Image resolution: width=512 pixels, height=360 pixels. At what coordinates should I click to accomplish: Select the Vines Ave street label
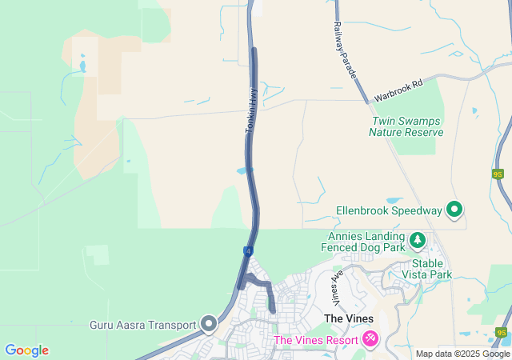tap(337, 286)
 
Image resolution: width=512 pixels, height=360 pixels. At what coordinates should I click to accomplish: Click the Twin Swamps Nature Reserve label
tap(406, 126)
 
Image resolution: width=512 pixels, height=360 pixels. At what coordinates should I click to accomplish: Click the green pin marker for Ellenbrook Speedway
tap(454, 210)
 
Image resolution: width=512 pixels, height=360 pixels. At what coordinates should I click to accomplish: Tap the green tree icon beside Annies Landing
tap(417, 240)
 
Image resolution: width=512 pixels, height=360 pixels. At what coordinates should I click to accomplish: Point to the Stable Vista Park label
tap(432, 269)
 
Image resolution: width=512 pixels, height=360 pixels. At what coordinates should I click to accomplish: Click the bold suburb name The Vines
tap(348, 318)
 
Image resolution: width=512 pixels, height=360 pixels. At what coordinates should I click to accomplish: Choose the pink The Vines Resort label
tap(316, 340)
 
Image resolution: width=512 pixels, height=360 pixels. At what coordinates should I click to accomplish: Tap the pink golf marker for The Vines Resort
tap(370, 339)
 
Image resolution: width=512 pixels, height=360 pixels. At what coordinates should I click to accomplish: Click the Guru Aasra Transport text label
tap(143, 325)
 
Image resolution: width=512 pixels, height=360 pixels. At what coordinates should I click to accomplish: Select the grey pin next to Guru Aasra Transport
tap(209, 324)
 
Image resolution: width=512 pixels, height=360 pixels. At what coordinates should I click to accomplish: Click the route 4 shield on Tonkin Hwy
tap(248, 251)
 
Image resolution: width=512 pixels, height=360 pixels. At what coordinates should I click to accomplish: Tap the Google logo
tap(26, 350)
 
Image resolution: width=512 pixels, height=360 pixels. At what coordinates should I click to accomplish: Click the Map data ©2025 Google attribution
tap(462, 354)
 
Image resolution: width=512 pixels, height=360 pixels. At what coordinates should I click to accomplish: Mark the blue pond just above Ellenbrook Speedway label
tap(394, 201)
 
